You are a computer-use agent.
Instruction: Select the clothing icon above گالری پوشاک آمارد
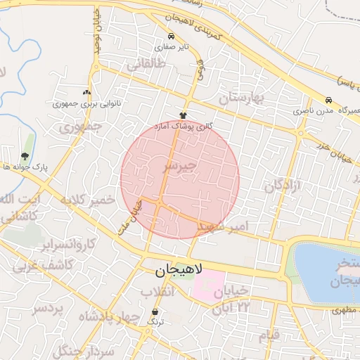point(183,115)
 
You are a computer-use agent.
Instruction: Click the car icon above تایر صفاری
point(171,37)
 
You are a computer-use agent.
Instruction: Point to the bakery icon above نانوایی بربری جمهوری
point(86,92)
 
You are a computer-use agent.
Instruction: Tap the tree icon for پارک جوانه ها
point(25,156)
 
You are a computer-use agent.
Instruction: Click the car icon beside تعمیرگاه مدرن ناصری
point(328,99)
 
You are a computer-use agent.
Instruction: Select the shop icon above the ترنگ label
point(155,311)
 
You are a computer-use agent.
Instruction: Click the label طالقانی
point(146,65)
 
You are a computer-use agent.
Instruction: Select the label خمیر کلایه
point(87,200)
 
